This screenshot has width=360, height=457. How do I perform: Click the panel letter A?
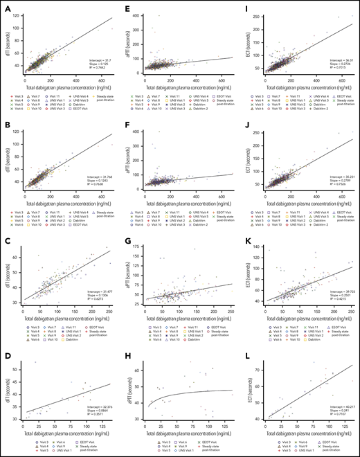tap(6, 6)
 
